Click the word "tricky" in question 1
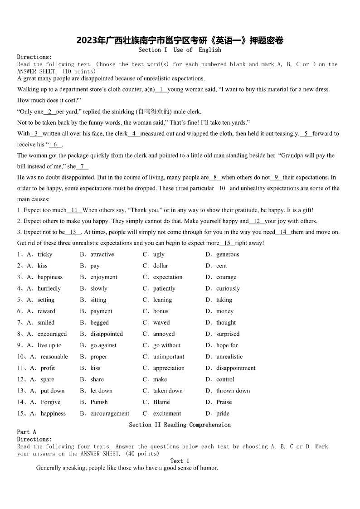[45, 254]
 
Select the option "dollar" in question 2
[161, 266]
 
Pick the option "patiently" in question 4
[164, 288]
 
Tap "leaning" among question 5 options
[162, 300]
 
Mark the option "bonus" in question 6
[161, 311]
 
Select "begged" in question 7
[99, 322]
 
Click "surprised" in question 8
[228, 334]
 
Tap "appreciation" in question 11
[169, 368]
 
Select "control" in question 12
[225, 379]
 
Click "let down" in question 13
[102, 390]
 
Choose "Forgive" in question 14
[50, 402]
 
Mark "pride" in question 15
[223, 413]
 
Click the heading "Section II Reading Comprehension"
[180, 425]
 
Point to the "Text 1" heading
[180, 461]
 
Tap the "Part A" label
[26, 432]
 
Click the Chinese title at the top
[180, 40]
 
